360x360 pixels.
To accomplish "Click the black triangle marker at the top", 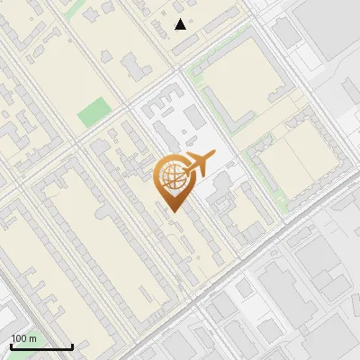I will [x=181, y=24].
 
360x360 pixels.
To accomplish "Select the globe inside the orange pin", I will [x=173, y=177].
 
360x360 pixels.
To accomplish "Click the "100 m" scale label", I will [x=24, y=338].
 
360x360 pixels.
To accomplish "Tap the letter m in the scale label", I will [x=33, y=338].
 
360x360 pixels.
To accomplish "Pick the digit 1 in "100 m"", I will [x=13, y=338].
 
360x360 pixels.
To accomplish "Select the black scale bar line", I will [x=41, y=347].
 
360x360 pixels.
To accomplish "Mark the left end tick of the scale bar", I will [x=11, y=346].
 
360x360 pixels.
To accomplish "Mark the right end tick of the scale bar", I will [x=72, y=346].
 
